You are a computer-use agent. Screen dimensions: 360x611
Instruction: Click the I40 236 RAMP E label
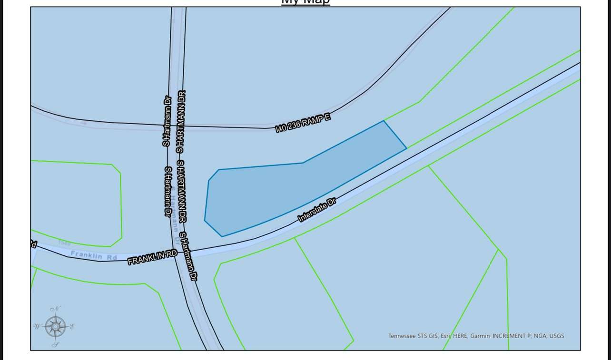pos(303,123)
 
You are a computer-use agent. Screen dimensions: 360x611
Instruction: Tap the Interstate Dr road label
pos(317,210)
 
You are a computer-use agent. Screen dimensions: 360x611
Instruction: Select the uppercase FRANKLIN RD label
pos(152,257)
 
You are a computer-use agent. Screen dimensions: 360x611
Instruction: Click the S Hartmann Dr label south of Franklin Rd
pos(189,256)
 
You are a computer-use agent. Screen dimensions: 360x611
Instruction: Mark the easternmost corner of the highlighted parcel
pos(406,148)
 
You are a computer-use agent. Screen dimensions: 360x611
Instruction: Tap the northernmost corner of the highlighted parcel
pos(384,121)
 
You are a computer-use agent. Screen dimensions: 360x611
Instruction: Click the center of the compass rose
pos(56,327)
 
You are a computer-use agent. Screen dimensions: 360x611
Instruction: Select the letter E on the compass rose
pos(72,327)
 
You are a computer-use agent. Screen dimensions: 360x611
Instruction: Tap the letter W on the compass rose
pos(36,327)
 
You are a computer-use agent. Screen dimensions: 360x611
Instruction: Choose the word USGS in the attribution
pos(557,336)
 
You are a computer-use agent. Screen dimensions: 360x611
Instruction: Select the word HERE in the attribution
pos(460,336)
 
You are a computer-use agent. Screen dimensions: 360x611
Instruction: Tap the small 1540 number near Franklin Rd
pos(64,243)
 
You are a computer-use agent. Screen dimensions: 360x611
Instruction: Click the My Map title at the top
pos(305,2)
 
